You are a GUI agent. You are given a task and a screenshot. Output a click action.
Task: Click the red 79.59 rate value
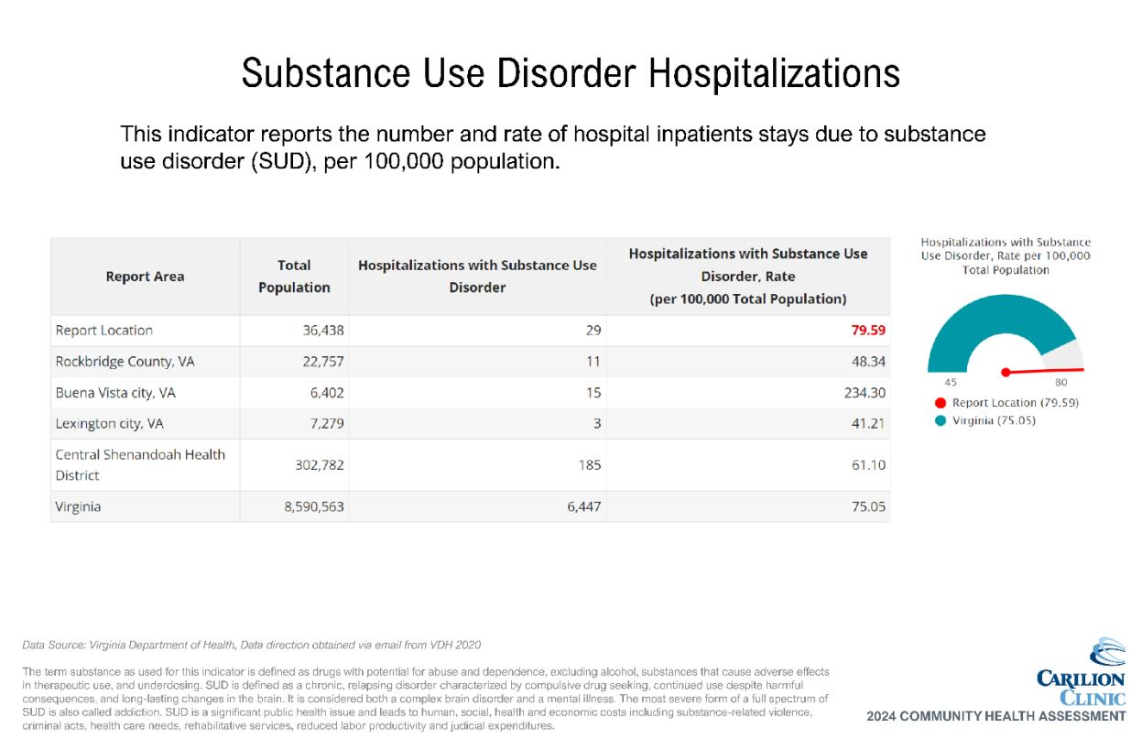[868, 331]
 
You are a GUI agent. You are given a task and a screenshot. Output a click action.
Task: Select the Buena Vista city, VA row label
[115, 393]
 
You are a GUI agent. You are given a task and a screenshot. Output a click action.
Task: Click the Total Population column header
[294, 276]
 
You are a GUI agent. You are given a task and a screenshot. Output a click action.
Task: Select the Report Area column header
[145, 277]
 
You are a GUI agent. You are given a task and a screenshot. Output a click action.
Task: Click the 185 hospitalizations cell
[590, 465]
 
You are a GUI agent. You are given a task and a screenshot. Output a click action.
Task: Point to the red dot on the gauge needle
[1006, 372]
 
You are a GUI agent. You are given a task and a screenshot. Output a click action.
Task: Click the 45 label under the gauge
[951, 383]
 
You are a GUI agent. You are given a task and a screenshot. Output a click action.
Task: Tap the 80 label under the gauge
[1061, 383]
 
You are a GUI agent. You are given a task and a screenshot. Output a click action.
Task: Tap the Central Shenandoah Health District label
[140, 465]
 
